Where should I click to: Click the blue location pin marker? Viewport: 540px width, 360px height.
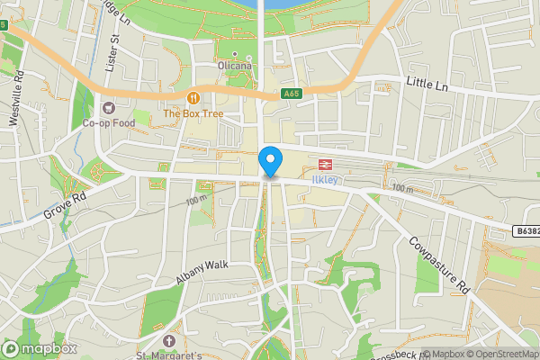(269, 162)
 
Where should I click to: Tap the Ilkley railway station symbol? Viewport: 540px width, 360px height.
(322, 164)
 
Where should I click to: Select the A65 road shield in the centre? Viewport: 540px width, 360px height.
(290, 93)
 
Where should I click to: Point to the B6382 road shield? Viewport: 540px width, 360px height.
(526, 231)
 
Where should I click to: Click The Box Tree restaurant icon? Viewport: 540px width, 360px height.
(192, 97)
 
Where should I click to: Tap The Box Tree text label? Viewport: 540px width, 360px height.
(192, 114)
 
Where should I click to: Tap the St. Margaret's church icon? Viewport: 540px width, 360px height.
(171, 341)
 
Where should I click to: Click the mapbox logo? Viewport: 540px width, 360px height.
(40, 348)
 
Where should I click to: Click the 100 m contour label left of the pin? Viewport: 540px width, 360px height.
(198, 201)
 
